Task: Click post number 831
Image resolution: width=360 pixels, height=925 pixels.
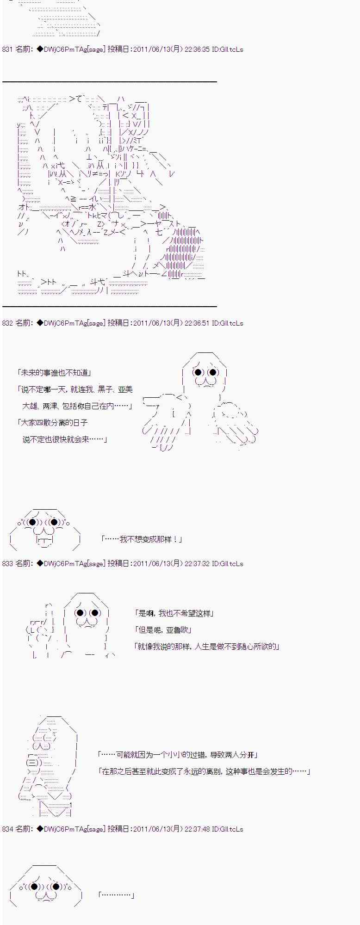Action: (x=7, y=49)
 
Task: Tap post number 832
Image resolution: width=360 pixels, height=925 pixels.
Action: (x=7, y=323)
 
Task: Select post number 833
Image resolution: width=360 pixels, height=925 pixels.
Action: (x=7, y=564)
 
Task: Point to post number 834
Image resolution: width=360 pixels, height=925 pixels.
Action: (x=7, y=829)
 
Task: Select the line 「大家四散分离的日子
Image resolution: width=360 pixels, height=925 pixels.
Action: (x=51, y=423)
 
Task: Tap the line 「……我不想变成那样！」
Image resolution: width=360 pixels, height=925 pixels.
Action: (x=141, y=539)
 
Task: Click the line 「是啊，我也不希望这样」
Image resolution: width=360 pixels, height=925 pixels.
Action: (x=173, y=613)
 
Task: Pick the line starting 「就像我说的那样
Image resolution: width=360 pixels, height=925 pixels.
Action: (x=206, y=647)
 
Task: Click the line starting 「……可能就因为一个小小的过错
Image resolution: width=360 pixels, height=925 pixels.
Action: (x=178, y=755)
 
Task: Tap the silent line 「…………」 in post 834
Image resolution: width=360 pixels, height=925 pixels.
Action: (x=116, y=895)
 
